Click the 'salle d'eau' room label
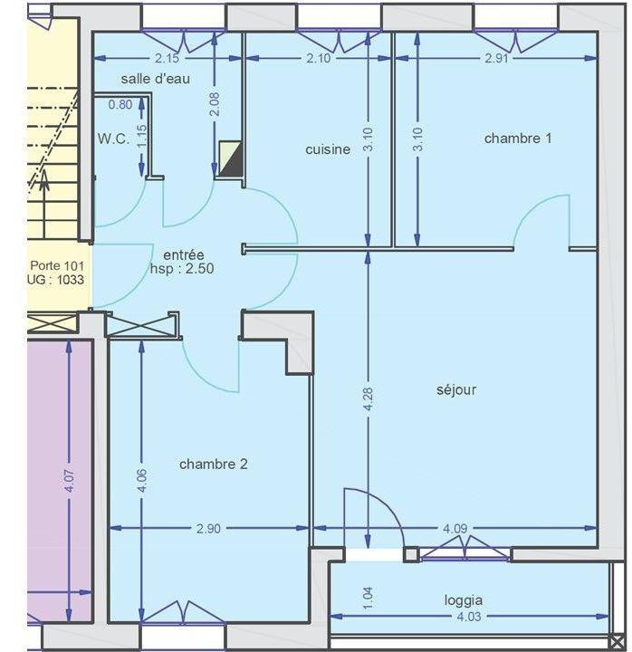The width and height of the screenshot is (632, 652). coord(156,79)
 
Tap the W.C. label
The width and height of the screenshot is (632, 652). coord(113,139)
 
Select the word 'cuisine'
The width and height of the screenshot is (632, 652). coord(328,149)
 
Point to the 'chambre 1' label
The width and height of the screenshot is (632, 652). coord(518,139)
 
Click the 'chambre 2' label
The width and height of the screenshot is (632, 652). coord(214,465)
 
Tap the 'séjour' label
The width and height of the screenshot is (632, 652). coord(456,390)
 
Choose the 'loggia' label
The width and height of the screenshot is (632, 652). coord(463,599)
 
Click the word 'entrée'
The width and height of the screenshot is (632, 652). coord(184,254)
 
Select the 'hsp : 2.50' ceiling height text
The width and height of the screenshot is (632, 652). coord(182,269)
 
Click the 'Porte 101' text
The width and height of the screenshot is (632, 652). coord(56,266)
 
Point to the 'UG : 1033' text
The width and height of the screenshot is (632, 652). coord(56,280)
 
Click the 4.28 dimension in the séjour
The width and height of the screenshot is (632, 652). coord(368,399)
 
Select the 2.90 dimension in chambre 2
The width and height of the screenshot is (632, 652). coord(208,529)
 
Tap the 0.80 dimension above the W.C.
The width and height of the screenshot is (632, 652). coord(120,104)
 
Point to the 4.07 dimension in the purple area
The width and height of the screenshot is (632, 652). coord(70,481)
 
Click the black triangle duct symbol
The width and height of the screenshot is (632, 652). coord(232,160)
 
